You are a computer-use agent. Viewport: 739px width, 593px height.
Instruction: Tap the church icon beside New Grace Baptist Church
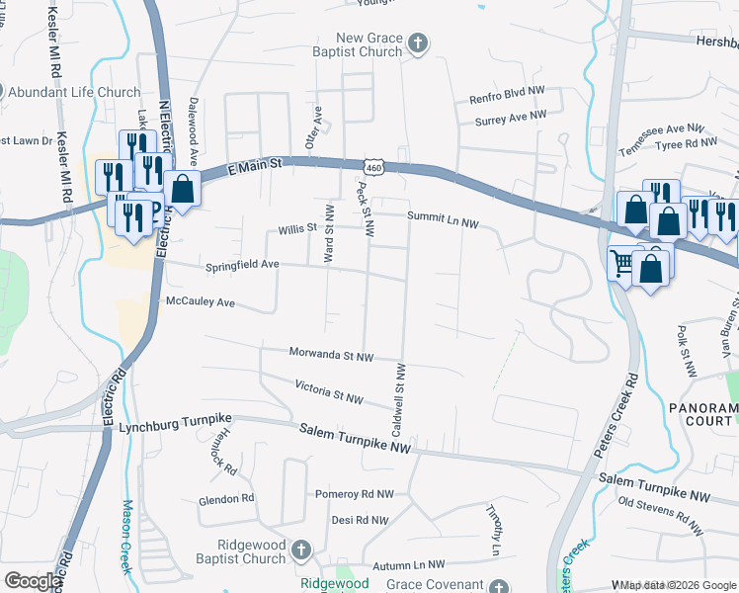[418, 42]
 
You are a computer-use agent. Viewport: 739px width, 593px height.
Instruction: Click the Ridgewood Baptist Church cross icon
[303, 550]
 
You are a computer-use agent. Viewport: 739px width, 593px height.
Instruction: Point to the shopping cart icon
[621, 263]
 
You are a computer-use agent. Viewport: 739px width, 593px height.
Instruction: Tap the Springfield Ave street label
[242, 266]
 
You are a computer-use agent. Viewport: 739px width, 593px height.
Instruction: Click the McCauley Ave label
[200, 301]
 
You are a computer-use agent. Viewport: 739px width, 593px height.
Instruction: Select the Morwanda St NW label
[331, 354]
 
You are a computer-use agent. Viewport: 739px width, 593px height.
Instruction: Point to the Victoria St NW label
[329, 390]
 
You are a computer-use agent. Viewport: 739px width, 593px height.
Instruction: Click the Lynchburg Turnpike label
[173, 428]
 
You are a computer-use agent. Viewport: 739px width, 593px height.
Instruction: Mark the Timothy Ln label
[493, 529]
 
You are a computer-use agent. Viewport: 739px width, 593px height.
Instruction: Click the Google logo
[32, 582]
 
